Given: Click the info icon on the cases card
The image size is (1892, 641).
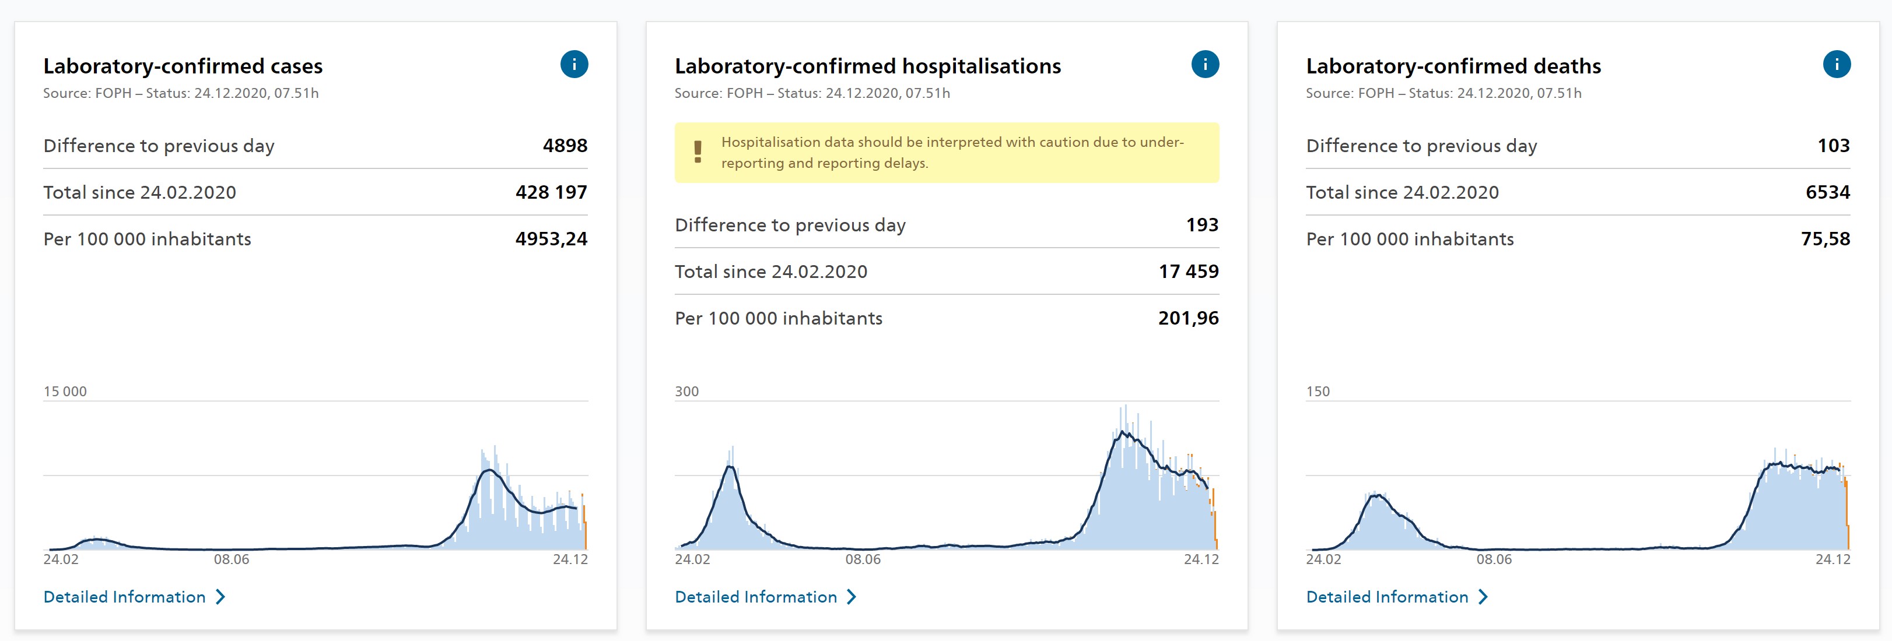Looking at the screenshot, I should tap(574, 65).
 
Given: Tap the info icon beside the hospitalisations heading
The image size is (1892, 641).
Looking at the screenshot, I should tap(1204, 65).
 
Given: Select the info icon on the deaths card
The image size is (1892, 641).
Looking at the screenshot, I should tap(1836, 65).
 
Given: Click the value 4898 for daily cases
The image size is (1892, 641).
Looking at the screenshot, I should tap(565, 145).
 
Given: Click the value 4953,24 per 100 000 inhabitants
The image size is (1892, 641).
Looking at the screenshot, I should tap(551, 239).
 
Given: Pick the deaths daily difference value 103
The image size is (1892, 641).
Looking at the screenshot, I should tap(1833, 145).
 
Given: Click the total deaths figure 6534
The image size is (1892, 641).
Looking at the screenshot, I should tap(1827, 192).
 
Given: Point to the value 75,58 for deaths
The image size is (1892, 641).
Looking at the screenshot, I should tap(1825, 239).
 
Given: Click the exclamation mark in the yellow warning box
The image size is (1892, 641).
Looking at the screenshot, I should tap(698, 152).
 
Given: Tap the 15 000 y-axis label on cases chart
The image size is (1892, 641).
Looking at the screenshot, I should tap(65, 392).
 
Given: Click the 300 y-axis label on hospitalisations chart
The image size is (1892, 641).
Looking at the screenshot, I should tap(686, 392).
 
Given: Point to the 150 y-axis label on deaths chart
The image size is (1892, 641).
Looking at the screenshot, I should tap(1318, 392).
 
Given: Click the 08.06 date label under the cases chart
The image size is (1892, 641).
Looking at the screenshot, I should tap(232, 559).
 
